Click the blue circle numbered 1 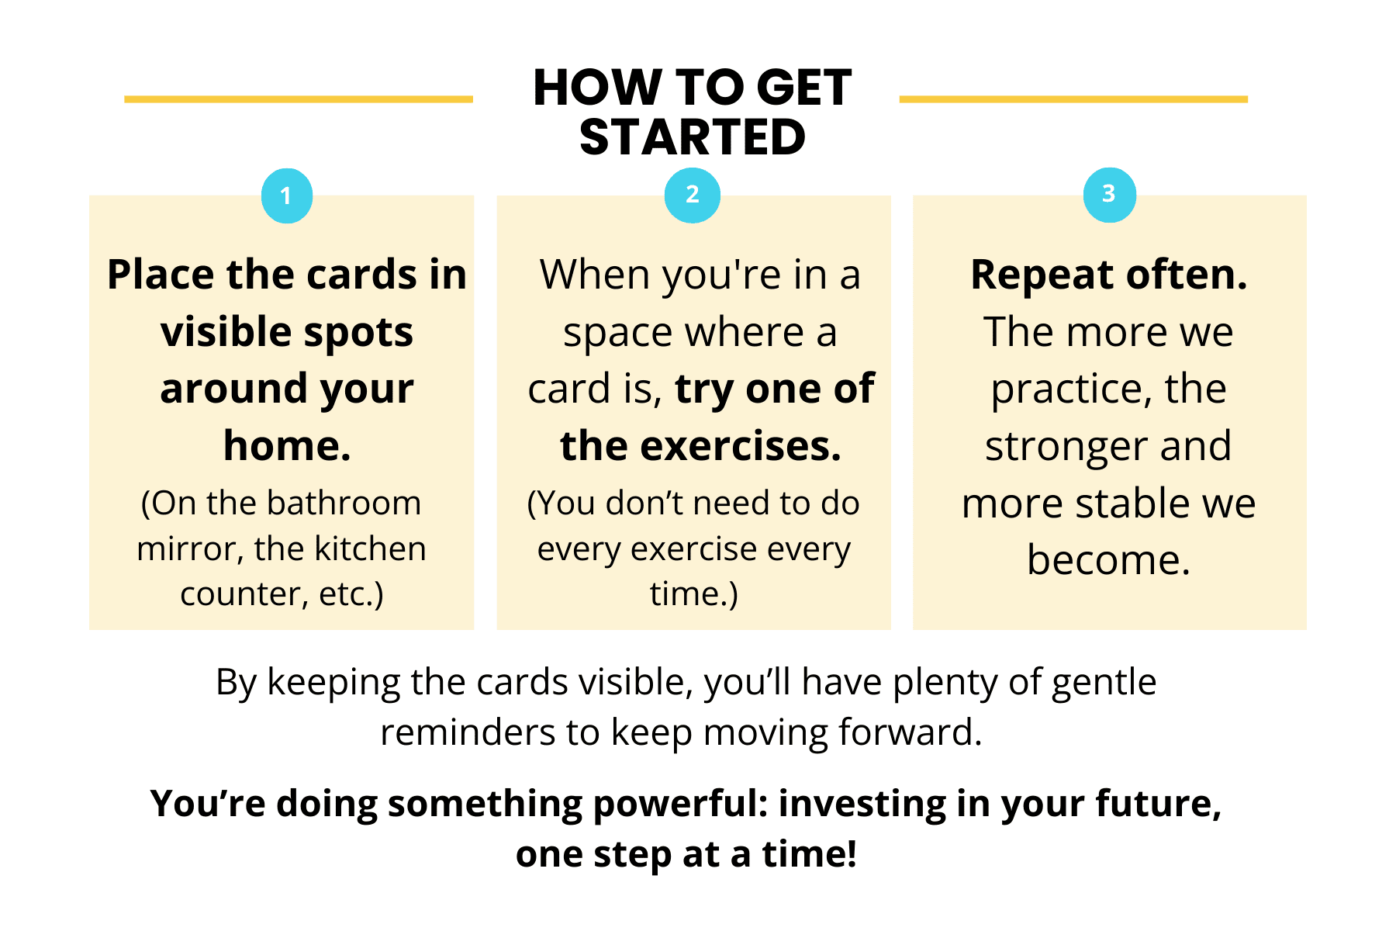point(287,196)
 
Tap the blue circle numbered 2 point(693,195)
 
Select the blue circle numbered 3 point(1110,195)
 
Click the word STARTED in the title point(693,137)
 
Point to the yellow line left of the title point(299,99)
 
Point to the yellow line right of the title point(1073,99)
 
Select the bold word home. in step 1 point(287,446)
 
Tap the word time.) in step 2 point(694,594)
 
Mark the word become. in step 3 point(1109,559)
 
